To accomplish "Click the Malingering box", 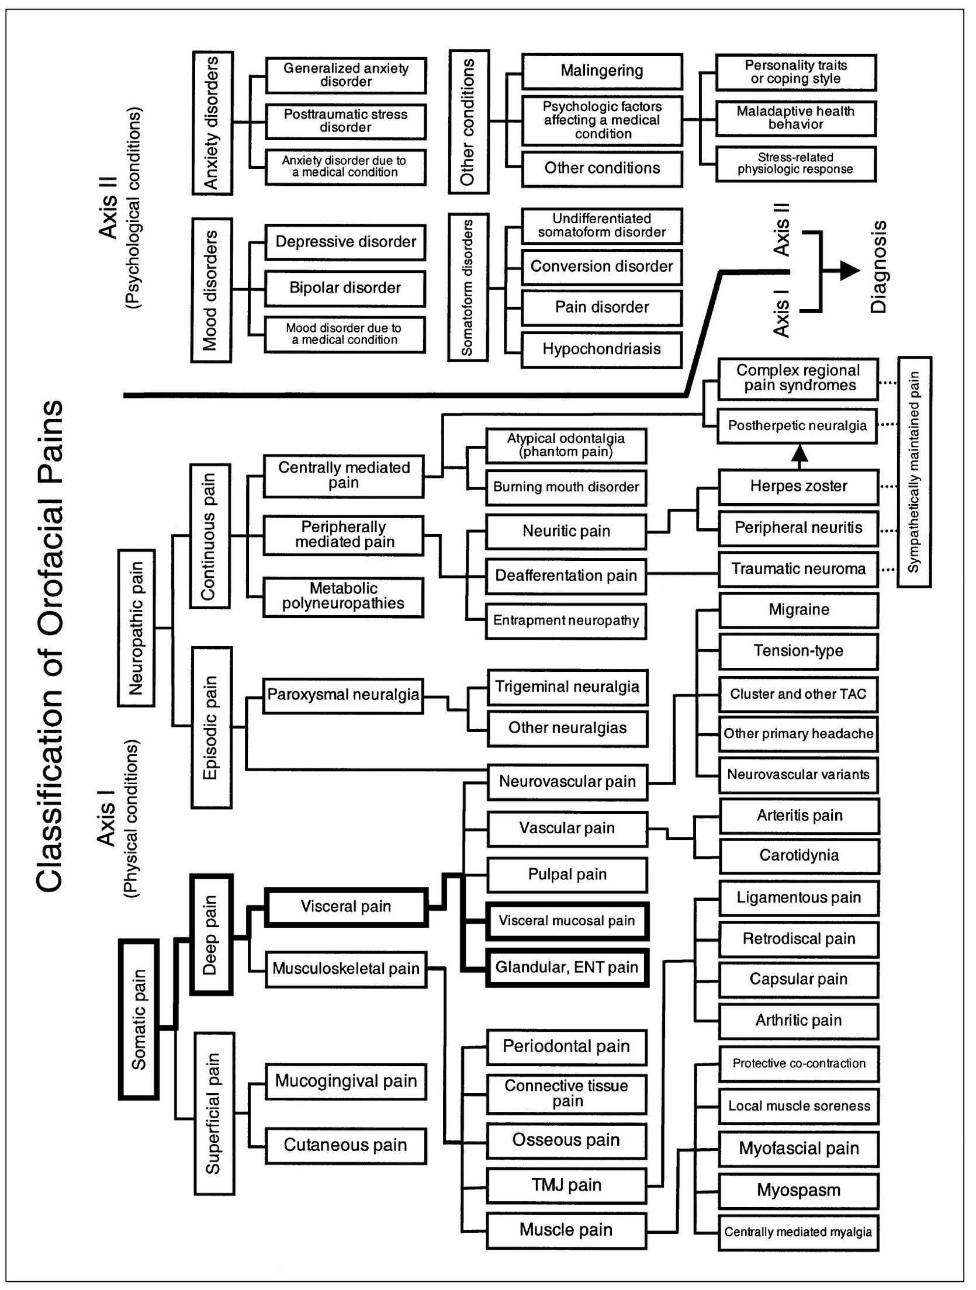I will click(x=602, y=71).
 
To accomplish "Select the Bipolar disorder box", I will click(x=345, y=288).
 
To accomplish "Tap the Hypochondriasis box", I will click(x=601, y=349).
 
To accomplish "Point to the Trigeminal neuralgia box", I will click(x=567, y=686).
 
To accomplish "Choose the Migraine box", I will click(x=798, y=610).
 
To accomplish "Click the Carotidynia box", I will click(x=799, y=856).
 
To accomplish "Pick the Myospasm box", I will click(x=798, y=1190).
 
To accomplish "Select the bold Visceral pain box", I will click(x=346, y=907).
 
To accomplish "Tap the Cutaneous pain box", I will click(x=345, y=1145).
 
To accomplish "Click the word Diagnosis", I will click(x=878, y=267).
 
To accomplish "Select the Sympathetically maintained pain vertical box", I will click(x=914, y=471).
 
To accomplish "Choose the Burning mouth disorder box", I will click(x=566, y=487).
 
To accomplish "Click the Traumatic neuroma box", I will click(x=798, y=569).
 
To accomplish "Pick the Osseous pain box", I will click(x=566, y=1140).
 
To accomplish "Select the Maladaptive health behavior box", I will click(x=795, y=118).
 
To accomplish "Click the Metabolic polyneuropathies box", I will click(x=344, y=597).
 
